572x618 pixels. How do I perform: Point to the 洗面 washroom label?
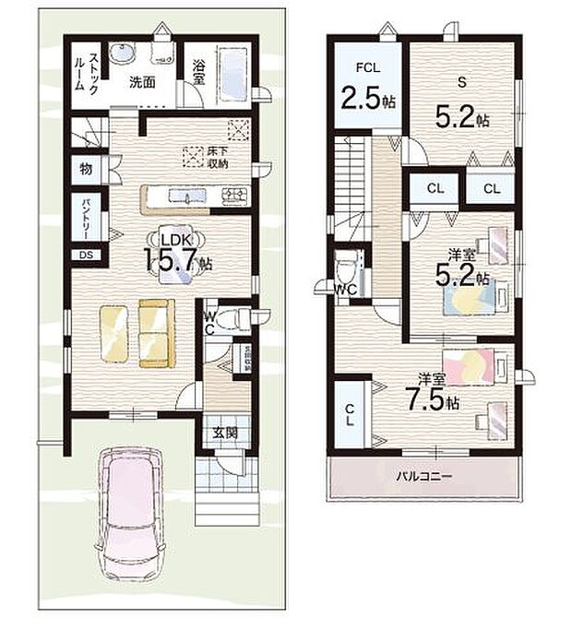tap(141, 80)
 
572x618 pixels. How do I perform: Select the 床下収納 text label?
tap(218, 157)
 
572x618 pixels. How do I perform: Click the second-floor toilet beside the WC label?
tap(345, 270)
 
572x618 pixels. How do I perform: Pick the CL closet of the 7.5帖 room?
tap(352, 415)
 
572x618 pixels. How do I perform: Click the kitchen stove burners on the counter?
tap(232, 195)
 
